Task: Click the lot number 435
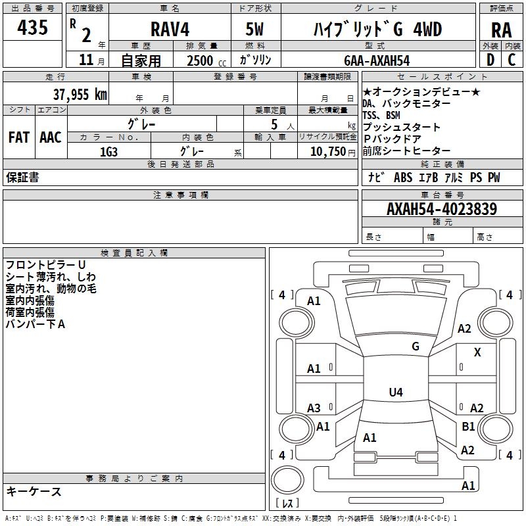pos(33,28)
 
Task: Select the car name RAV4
pos(169,30)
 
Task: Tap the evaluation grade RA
pos(501,30)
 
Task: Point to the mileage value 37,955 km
pos(80,94)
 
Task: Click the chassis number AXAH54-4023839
pos(441,209)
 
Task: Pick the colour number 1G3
pos(109,151)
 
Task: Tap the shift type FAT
pos(18,137)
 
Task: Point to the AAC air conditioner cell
pos(50,137)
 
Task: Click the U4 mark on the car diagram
pos(395,393)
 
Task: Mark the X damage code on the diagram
pos(477,352)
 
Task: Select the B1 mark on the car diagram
pos(468,426)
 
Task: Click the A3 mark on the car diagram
pos(314,408)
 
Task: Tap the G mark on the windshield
pos(415,346)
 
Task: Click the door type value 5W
pos(254,30)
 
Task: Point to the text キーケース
pos(34,491)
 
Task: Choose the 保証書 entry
pos(22,178)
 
